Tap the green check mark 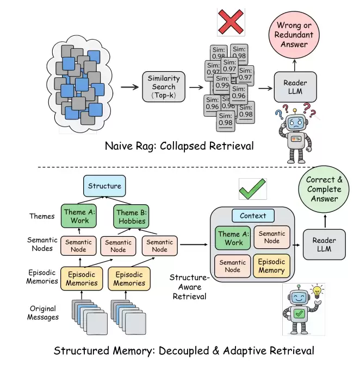[253, 188]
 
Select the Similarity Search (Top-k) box [164, 86]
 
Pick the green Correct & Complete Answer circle [325, 190]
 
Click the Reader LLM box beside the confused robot [295, 87]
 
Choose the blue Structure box [104, 186]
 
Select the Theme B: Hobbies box [132, 217]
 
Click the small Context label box [253, 216]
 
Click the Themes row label [42, 216]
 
